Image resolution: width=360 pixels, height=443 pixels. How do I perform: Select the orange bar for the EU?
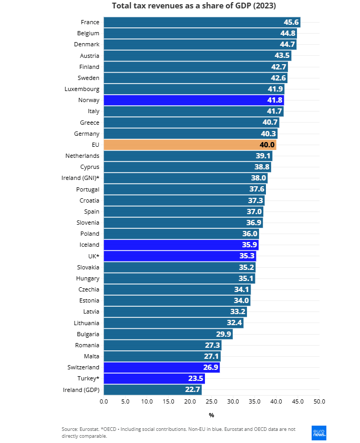tap(190, 145)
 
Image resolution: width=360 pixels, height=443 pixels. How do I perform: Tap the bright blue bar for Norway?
tap(193, 100)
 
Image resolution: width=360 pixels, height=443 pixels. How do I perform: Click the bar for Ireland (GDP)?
tap(152, 390)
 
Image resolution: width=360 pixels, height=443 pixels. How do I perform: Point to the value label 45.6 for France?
tap(291, 22)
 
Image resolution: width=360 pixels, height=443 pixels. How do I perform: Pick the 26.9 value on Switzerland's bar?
tap(210, 367)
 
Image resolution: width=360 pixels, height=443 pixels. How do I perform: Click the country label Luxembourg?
tap(82, 89)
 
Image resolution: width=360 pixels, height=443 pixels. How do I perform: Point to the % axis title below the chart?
tap(211, 415)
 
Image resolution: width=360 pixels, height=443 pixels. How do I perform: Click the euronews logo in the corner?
tap(319, 432)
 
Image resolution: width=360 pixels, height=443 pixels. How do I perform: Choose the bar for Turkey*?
tap(154, 378)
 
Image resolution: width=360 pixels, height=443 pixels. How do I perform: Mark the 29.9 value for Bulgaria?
tap(223, 334)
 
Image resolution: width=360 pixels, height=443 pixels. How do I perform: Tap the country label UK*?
tap(94, 256)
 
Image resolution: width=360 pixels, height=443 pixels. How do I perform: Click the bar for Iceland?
tap(181, 245)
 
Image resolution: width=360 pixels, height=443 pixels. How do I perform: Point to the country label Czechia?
tap(88, 289)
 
